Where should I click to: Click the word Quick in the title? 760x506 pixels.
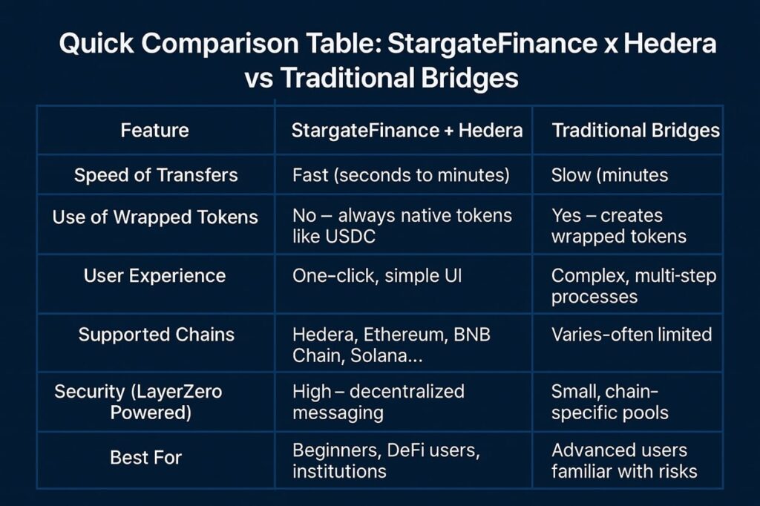click(x=96, y=43)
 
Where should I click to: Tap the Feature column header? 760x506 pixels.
click(x=154, y=131)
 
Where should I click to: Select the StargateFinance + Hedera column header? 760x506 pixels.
click(x=407, y=131)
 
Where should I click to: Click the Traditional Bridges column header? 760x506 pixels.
click(x=635, y=131)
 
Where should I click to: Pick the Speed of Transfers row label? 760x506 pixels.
click(x=156, y=175)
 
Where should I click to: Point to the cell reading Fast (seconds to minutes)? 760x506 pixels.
click(x=401, y=175)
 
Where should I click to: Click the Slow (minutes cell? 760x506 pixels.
click(x=610, y=175)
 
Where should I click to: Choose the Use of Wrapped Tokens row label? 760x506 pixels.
click(x=155, y=217)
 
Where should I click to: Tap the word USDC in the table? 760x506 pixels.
click(x=350, y=237)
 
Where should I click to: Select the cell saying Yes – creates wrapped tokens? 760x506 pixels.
click(x=619, y=226)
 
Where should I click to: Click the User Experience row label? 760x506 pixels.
click(x=154, y=276)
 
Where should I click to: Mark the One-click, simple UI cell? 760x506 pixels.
click(x=377, y=276)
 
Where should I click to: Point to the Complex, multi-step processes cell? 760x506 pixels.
click(x=634, y=286)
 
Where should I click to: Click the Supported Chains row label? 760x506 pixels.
click(x=156, y=335)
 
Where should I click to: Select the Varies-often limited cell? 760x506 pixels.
click(x=632, y=335)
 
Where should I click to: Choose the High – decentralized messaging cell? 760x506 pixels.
click(x=378, y=402)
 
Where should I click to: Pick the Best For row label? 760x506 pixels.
click(x=146, y=458)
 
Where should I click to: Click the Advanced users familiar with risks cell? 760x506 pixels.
click(x=624, y=461)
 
